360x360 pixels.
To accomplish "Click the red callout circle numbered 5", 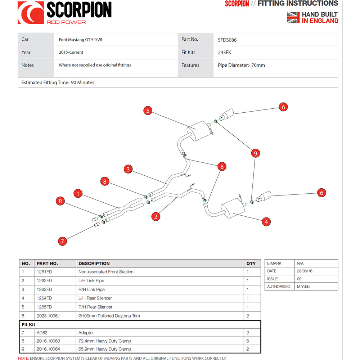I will (148, 111).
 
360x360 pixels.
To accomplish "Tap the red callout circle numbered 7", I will (63, 241).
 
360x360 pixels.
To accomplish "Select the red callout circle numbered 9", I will (255, 153).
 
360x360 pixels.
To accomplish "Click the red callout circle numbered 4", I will (266, 222).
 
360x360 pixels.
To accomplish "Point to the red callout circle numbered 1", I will (78, 193).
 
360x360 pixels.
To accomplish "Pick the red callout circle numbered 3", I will (128, 169).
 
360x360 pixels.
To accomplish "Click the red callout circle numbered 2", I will (156, 216).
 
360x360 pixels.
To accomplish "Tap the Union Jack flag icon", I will (293, 17).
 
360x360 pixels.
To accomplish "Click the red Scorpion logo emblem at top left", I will (31, 13).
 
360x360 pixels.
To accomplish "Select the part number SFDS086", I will (227, 40).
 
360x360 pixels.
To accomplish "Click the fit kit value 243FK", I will (224, 53).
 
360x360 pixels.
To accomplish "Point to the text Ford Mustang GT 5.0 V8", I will (80, 40).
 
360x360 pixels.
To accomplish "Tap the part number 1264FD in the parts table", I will (44, 298).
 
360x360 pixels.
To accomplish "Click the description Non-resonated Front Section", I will (106, 272).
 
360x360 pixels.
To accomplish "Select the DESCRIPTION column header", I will (94, 264).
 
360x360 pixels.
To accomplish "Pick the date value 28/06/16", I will (305, 271).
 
